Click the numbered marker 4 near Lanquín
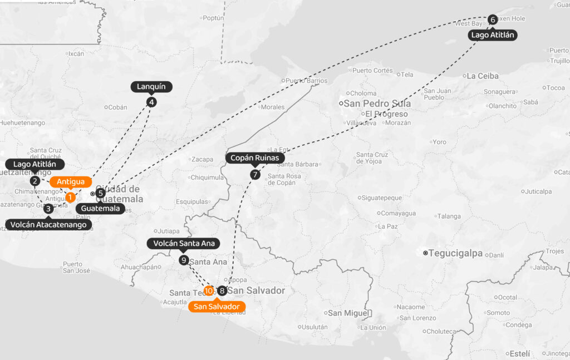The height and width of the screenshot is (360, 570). click(151, 102)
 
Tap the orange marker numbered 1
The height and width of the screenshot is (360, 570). click(70, 197)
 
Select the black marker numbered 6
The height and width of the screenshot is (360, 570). click(493, 19)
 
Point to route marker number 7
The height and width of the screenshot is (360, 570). click(255, 174)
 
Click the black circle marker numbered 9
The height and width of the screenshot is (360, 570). click(184, 260)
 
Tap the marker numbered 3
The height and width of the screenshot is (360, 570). click(49, 209)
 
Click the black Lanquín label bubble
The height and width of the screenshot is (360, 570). click(151, 87)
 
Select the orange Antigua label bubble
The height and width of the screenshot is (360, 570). click(71, 181)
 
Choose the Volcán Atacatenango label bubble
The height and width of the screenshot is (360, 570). click(49, 225)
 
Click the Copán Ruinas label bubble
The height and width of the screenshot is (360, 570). click(255, 158)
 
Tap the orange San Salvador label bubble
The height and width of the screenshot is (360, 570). click(217, 307)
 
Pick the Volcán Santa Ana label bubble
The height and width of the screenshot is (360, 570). click(184, 243)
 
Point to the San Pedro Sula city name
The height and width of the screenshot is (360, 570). click(377, 103)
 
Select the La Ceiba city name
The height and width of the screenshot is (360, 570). click(482, 76)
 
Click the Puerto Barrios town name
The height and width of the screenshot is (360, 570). click(307, 81)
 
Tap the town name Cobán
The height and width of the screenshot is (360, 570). click(117, 107)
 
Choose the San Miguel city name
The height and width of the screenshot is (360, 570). click(348, 313)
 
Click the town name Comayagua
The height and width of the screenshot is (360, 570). click(398, 213)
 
